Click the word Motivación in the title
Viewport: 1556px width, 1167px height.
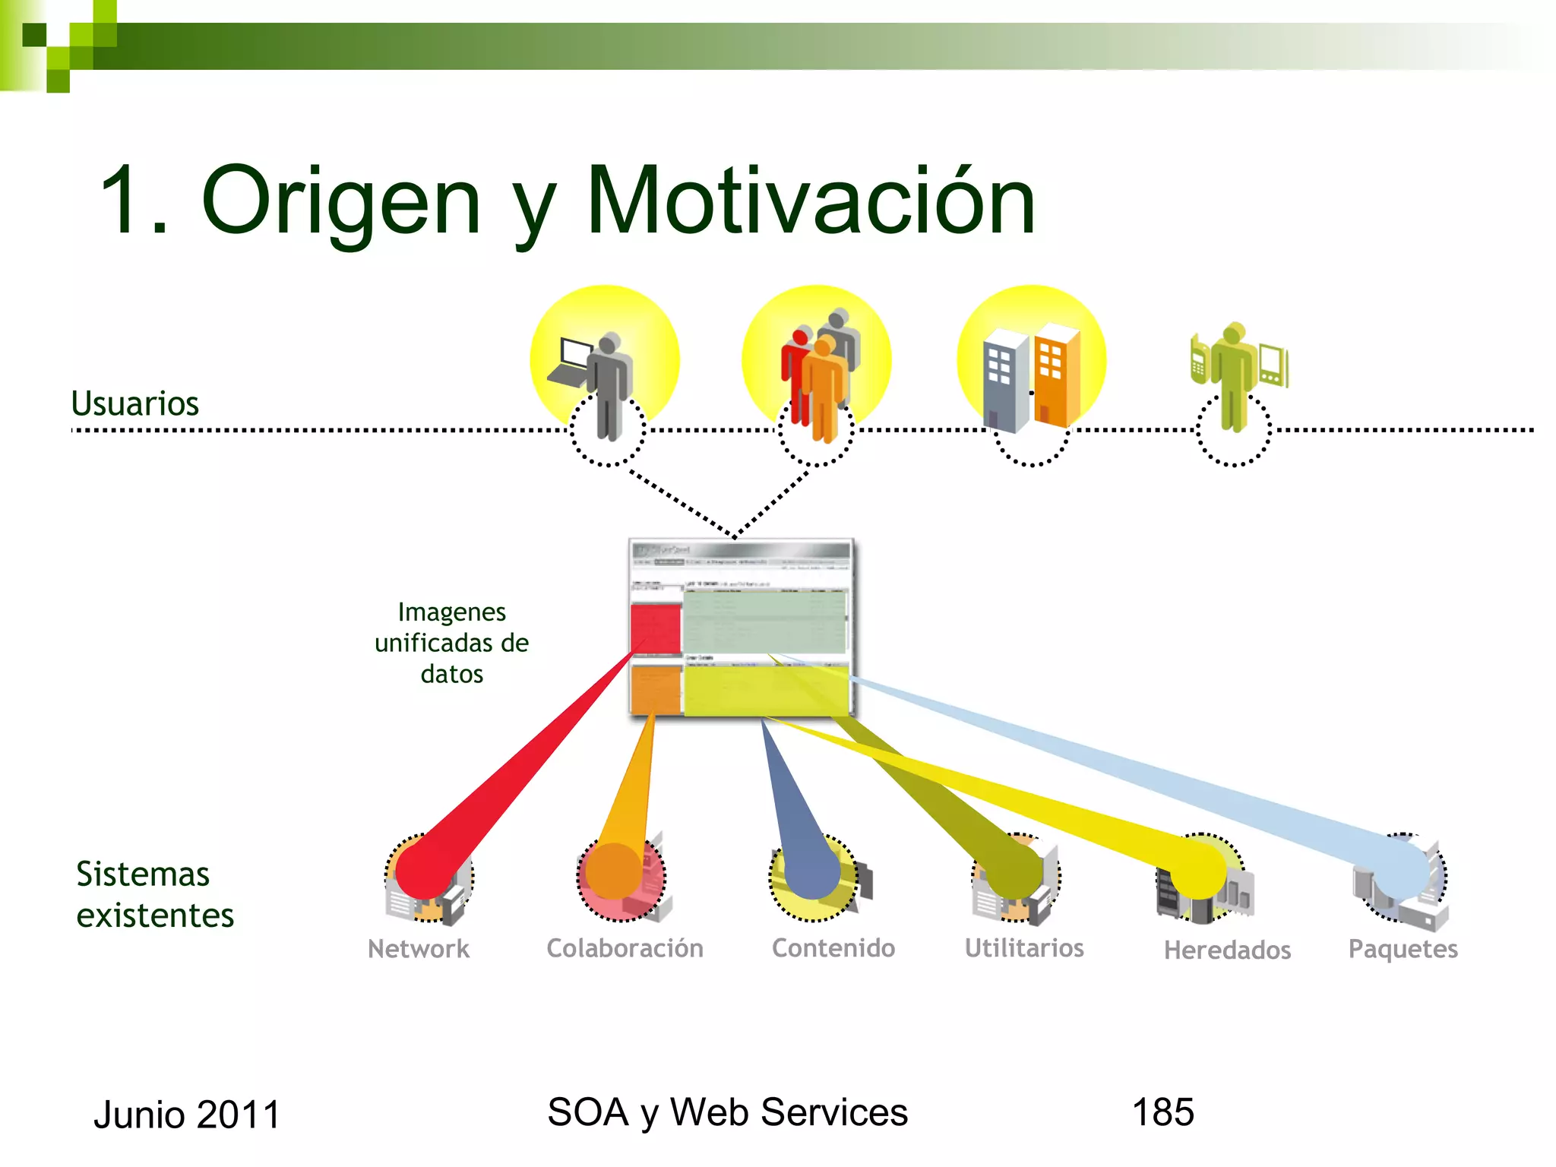[x=811, y=201]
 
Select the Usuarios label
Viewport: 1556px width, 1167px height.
[x=134, y=403]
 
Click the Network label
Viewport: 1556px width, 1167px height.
[x=419, y=948]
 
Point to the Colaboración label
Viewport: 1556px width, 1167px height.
[x=625, y=948]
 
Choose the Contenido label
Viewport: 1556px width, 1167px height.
[x=833, y=948]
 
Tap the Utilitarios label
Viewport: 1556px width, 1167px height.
[x=1024, y=948]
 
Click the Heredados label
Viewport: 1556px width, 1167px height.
[x=1227, y=950]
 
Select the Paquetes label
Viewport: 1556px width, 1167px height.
[x=1403, y=949]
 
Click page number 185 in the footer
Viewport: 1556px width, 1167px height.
[x=1162, y=1112]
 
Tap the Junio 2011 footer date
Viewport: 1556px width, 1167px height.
[x=187, y=1115]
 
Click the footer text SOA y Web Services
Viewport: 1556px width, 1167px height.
[x=727, y=1112]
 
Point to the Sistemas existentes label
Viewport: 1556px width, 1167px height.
[x=154, y=894]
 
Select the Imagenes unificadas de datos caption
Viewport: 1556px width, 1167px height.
[x=451, y=643]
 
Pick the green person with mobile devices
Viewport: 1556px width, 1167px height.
[x=1235, y=374]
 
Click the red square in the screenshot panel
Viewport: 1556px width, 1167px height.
[x=655, y=628]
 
